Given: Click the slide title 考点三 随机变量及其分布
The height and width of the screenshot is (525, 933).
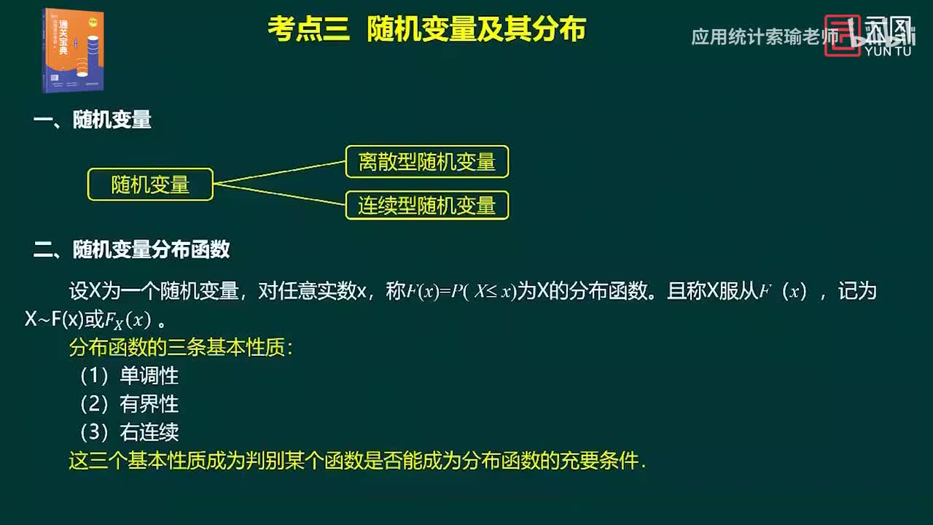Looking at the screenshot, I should click(x=426, y=31).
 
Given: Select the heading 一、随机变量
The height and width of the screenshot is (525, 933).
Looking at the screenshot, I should click(x=93, y=120).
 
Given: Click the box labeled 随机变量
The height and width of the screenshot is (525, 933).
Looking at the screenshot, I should click(x=150, y=184).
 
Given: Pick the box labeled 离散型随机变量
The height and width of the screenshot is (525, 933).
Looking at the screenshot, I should click(x=426, y=162).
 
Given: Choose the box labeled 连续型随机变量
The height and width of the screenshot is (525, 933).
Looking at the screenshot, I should click(x=426, y=206).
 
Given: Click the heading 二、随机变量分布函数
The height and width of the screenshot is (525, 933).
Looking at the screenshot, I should click(x=132, y=249).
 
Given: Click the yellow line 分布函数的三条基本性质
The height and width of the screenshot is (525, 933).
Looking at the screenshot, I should click(x=181, y=348).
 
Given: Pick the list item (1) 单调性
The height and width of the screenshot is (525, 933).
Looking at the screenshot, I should click(x=129, y=376).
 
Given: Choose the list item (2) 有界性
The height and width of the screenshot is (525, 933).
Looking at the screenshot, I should click(x=129, y=404).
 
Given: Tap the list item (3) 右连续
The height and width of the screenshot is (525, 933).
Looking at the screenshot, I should click(x=129, y=432).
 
